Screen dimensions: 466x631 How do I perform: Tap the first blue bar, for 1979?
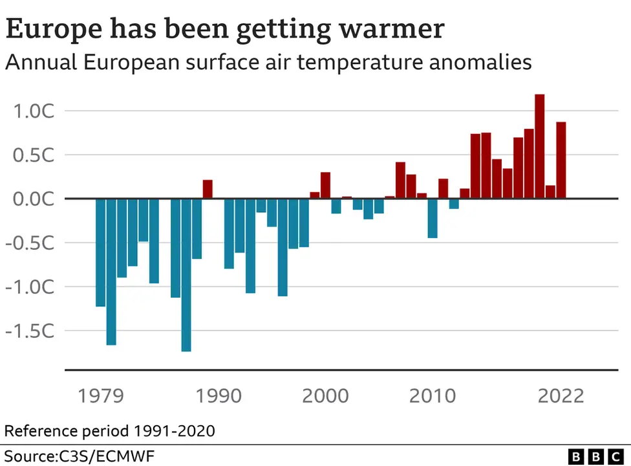click(100, 252)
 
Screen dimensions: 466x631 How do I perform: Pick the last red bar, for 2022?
click(561, 160)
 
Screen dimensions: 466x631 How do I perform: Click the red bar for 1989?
click(208, 189)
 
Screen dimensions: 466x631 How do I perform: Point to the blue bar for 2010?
click(433, 218)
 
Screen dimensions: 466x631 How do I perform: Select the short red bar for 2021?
click(550, 192)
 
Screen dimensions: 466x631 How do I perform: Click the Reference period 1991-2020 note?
click(110, 430)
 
